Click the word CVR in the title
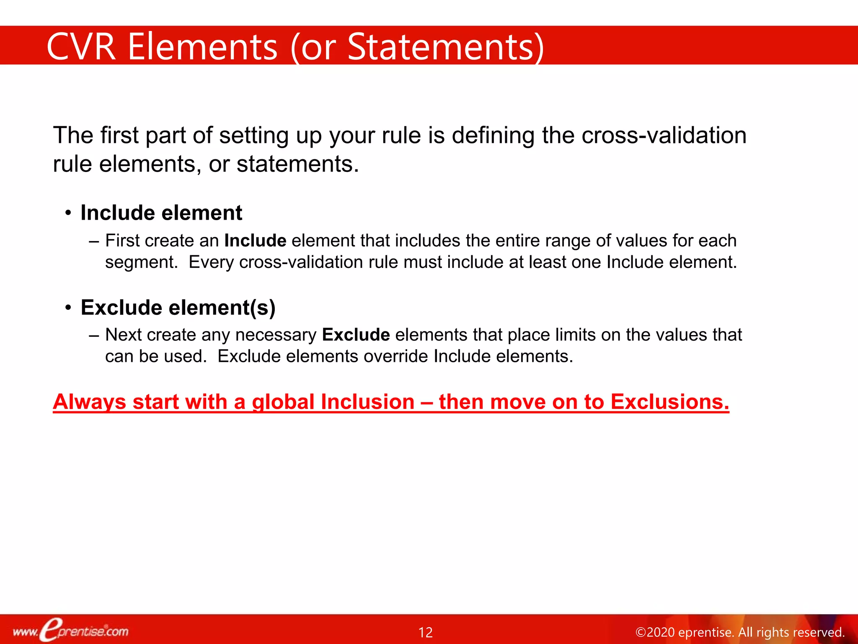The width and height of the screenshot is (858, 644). (x=81, y=47)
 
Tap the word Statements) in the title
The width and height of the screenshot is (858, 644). (x=446, y=47)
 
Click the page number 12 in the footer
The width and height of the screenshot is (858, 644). (x=426, y=632)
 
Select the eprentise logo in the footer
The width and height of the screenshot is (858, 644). (x=71, y=631)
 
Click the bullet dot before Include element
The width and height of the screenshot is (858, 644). (x=68, y=213)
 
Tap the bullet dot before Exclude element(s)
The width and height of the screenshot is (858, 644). (x=68, y=308)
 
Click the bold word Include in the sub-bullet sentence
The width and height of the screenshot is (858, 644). (x=255, y=241)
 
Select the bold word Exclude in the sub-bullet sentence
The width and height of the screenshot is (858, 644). (x=356, y=335)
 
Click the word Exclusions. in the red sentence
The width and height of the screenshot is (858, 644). (x=669, y=402)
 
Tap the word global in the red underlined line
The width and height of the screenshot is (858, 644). (x=283, y=402)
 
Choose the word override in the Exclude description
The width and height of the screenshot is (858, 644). (x=396, y=356)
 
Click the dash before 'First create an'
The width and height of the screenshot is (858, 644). (x=94, y=241)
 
